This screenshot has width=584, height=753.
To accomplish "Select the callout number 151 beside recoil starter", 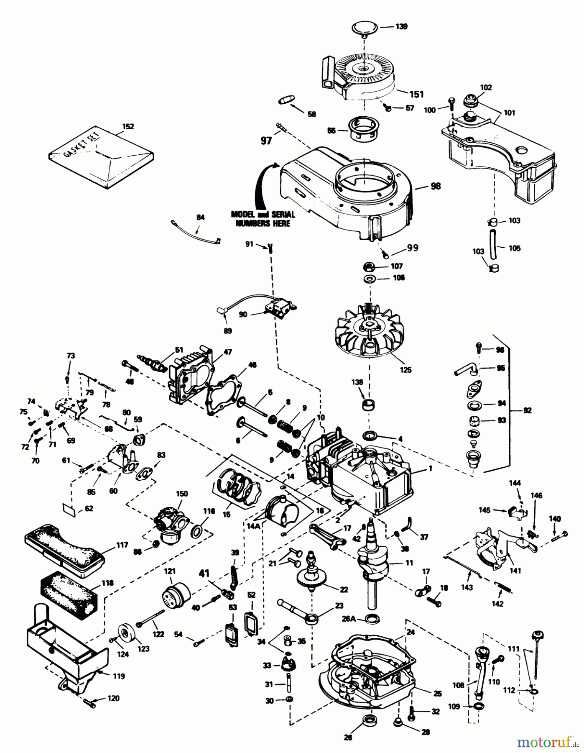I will pos(416,94).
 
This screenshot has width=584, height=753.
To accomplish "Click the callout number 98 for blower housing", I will pos(435,186).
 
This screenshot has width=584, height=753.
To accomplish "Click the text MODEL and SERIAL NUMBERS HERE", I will pos(263,219).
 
